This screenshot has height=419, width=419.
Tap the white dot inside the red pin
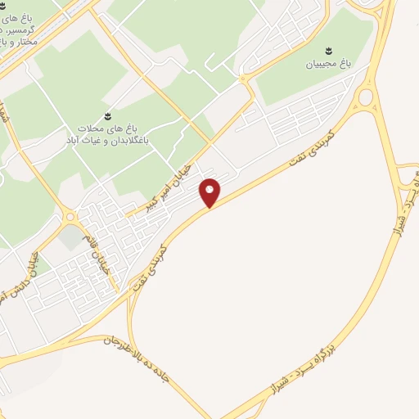click(210, 189)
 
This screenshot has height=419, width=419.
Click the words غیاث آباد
click(79, 140)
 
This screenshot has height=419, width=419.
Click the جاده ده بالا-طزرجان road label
click(146, 357)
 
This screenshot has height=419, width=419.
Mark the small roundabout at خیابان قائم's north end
click(70, 217)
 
